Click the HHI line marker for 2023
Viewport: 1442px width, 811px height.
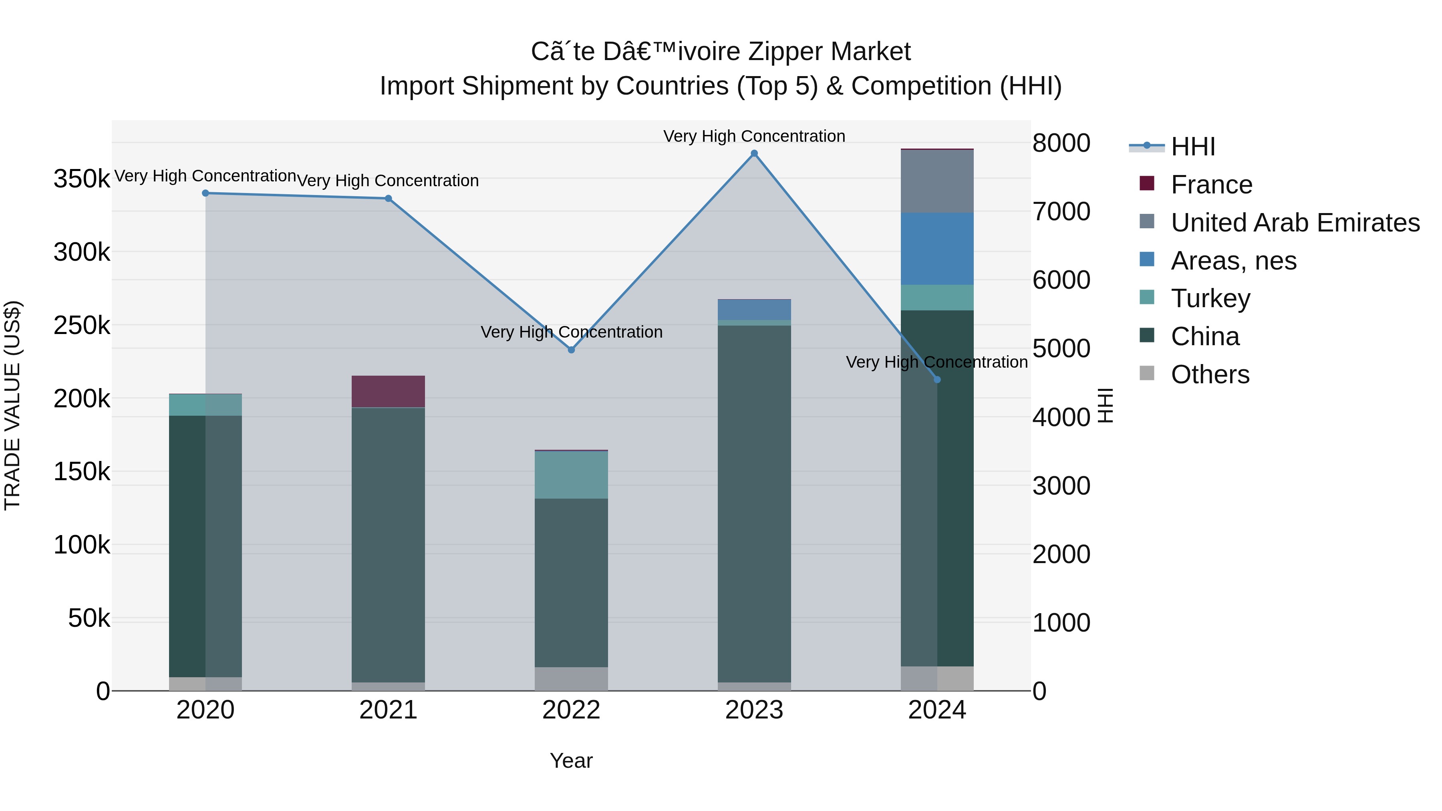[x=754, y=153]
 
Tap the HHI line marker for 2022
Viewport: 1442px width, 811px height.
[x=571, y=350]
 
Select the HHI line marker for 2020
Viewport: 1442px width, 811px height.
[x=205, y=193]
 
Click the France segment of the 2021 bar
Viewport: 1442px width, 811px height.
[x=388, y=391]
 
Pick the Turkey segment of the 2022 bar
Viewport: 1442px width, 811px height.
[x=571, y=475]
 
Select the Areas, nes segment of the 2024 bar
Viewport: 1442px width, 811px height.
[x=937, y=248]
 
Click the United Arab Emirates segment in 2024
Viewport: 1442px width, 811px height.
[x=937, y=181]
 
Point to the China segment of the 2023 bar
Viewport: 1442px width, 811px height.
[x=754, y=504]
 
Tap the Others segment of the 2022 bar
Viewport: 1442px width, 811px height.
[x=571, y=678]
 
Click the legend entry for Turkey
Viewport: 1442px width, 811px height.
[x=1210, y=298]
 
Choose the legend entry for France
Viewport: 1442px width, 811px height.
[x=1211, y=185]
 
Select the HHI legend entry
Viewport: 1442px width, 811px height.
[x=1192, y=147]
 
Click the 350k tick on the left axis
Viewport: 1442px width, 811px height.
[x=82, y=179]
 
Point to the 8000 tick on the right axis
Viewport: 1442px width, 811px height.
[x=1061, y=143]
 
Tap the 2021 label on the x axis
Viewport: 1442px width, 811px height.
[x=388, y=710]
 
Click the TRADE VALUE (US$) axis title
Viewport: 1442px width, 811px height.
[x=12, y=405]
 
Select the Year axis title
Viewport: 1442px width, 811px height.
[x=571, y=761]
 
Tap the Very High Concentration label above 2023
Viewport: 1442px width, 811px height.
[x=754, y=136]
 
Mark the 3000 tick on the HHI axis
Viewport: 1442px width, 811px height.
[x=1061, y=486]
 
